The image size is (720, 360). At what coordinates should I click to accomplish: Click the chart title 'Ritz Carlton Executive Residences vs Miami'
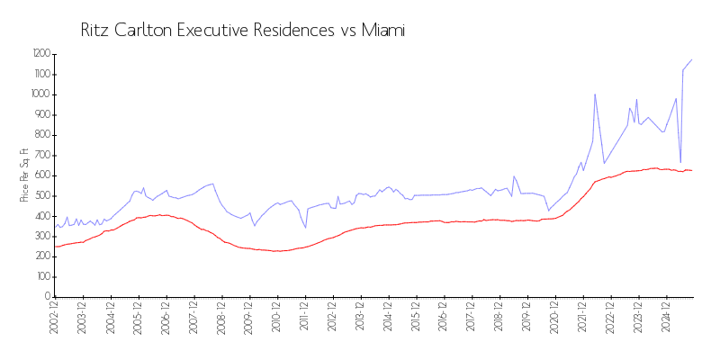tap(243, 31)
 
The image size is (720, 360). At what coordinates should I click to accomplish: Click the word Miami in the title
tap(384, 31)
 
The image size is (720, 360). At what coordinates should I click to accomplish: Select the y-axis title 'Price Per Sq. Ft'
tap(24, 175)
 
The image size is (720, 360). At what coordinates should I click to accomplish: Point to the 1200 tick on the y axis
tap(40, 54)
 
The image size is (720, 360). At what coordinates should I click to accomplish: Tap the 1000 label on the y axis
tap(40, 94)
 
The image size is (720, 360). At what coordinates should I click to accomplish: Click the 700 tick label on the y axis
tap(42, 155)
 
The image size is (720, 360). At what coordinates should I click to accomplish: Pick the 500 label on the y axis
tap(42, 195)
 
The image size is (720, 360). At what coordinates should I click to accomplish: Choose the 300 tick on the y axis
tap(42, 236)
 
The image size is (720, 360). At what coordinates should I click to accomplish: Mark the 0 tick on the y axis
tap(48, 297)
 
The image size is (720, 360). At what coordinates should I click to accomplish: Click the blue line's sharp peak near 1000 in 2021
tap(595, 94)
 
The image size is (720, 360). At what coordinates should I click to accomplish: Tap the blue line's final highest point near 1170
tap(691, 59)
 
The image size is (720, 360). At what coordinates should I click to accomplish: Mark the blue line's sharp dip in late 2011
tap(306, 228)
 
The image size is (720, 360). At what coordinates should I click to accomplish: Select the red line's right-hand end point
tap(691, 171)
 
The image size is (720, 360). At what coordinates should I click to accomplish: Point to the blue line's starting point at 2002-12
tap(56, 227)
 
